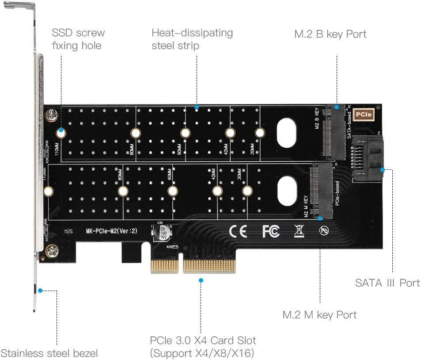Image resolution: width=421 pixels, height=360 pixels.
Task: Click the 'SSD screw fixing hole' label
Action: point(78,39)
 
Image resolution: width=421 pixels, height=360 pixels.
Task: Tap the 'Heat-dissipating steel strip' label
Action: point(192,39)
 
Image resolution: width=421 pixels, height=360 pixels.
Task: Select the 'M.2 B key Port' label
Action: point(330,34)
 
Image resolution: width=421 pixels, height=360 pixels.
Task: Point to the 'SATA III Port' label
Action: point(387,283)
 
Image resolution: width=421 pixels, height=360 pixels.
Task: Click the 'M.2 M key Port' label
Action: point(319,314)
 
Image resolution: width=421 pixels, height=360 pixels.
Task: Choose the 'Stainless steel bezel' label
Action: point(49,353)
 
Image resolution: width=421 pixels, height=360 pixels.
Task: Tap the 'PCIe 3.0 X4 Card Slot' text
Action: point(202,341)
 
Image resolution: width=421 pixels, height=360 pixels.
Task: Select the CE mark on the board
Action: point(238,231)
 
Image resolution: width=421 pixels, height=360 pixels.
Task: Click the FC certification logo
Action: point(271,231)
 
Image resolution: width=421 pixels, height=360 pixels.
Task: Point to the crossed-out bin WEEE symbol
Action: point(299,230)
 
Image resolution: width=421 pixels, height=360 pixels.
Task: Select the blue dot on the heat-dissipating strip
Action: point(196,107)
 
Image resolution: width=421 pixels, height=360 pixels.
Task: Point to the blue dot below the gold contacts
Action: point(201,280)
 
